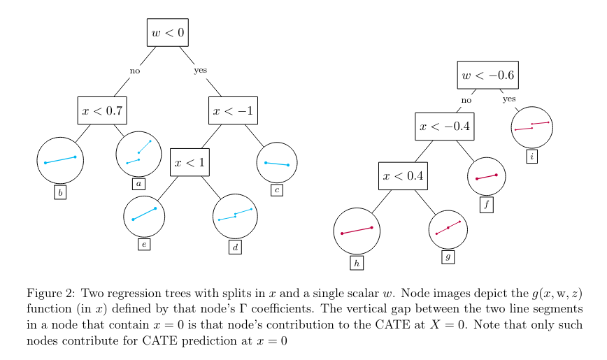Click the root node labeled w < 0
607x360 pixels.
pyautogui.click(x=168, y=32)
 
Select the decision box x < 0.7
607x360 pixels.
pyautogui.click(x=102, y=110)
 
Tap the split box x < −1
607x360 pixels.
pyautogui.click(x=234, y=110)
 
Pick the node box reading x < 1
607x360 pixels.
pyautogui.click(x=190, y=162)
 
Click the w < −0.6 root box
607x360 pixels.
pyautogui.click(x=488, y=75)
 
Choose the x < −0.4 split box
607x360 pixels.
pyautogui.click(x=444, y=127)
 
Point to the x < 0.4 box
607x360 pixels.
pyautogui.click(x=403, y=175)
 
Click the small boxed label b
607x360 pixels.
pyautogui.click(x=60, y=192)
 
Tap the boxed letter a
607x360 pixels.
pyautogui.click(x=138, y=184)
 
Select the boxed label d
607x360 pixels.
pyautogui.click(x=235, y=247)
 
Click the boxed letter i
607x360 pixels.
pyautogui.click(x=532, y=157)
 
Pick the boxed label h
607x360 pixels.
pyautogui.click(x=357, y=263)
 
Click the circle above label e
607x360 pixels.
pyautogui.click(x=144, y=217)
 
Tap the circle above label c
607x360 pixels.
pyautogui.click(x=277, y=162)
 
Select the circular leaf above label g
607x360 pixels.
pyautogui.click(x=448, y=229)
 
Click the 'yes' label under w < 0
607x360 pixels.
pyautogui.click(x=201, y=70)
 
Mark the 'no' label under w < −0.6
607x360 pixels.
pyautogui.click(x=466, y=100)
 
